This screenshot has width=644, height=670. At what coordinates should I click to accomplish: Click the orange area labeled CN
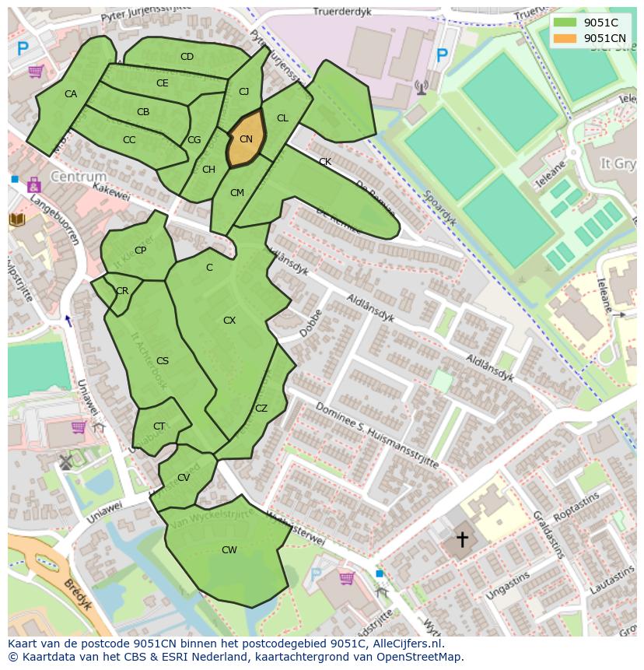pos(246,140)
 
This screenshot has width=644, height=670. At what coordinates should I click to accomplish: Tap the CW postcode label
pos(229,550)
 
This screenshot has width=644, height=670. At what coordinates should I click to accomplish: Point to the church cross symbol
pos(462,538)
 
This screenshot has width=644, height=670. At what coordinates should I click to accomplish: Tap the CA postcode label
pos(71,94)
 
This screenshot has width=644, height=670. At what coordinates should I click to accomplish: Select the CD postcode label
pos(187,57)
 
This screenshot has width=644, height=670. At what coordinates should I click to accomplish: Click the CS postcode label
pos(163,361)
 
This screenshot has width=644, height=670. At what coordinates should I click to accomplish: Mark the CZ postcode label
pos(261,409)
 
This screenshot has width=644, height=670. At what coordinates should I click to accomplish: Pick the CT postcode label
pos(159,426)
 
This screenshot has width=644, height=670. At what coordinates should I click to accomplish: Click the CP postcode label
pos(140,251)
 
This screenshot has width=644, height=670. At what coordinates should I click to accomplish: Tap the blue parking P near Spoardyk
pos(442,55)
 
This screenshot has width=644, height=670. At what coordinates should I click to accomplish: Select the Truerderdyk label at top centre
pos(341,12)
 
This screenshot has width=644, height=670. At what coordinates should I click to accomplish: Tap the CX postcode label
pos(229,321)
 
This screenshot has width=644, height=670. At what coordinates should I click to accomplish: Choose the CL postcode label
pos(282,118)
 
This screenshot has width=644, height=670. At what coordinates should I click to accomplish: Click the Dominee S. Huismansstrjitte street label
pos(376,436)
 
